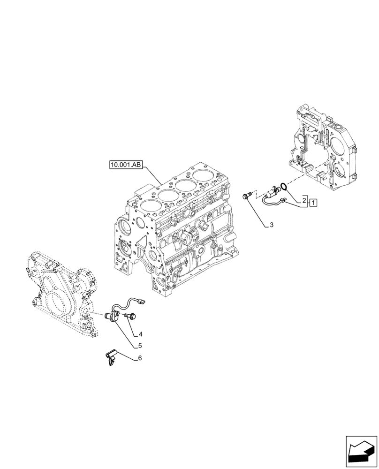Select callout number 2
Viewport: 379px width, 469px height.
click(x=304, y=200)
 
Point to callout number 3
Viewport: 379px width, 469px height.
click(x=271, y=226)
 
